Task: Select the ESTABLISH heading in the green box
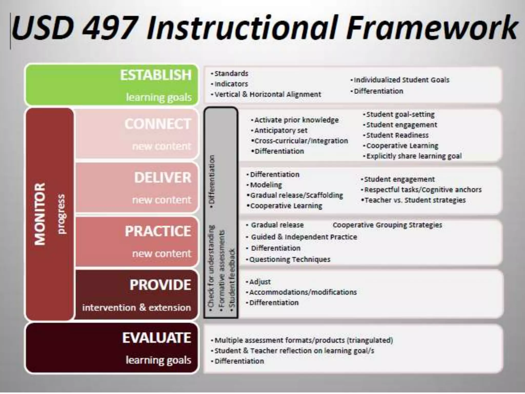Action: click(x=156, y=75)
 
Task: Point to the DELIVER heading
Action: click(x=163, y=178)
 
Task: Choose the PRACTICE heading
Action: click(x=158, y=231)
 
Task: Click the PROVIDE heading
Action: click(x=160, y=285)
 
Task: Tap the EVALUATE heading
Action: click(x=157, y=338)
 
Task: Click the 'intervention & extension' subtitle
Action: click(x=136, y=307)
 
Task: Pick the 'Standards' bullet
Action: click(x=231, y=74)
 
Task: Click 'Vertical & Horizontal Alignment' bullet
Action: click(x=267, y=94)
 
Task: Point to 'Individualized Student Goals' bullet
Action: click(x=401, y=80)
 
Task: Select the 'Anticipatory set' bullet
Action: click(x=280, y=131)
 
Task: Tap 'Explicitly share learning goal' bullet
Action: click(x=413, y=156)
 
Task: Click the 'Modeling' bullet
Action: click(x=266, y=185)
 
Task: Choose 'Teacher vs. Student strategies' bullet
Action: click(x=415, y=200)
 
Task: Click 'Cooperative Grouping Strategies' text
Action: click(x=387, y=225)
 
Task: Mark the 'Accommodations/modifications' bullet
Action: click(x=303, y=292)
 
